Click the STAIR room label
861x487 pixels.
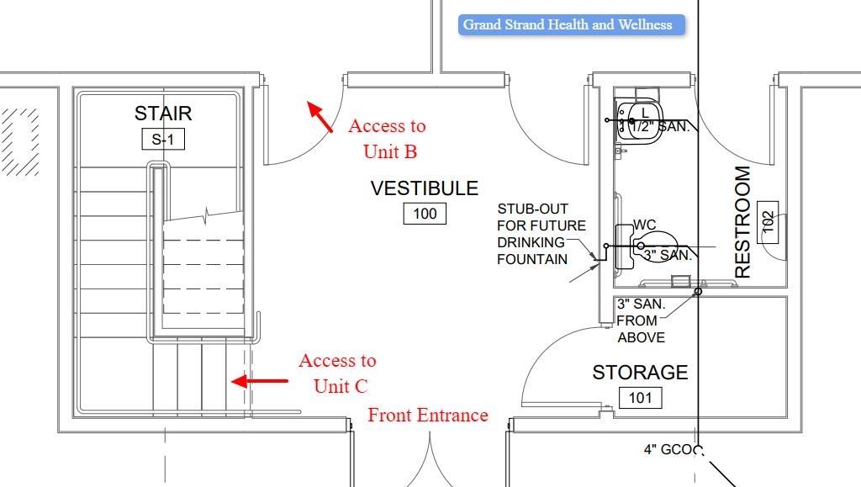click(x=163, y=114)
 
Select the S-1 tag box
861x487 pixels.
click(x=163, y=140)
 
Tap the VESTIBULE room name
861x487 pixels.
click(x=425, y=188)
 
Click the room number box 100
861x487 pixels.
click(x=425, y=214)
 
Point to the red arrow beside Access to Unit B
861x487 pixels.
click(x=320, y=116)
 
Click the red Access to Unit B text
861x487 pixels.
click(x=388, y=139)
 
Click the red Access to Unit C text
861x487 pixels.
click(x=338, y=373)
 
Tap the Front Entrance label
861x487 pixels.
click(x=428, y=416)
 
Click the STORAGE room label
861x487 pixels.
click(x=640, y=373)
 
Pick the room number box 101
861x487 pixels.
click(x=640, y=397)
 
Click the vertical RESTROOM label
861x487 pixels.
click(x=743, y=222)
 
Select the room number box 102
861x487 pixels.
click(x=768, y=222)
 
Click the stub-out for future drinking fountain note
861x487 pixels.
click(x=541, y=234)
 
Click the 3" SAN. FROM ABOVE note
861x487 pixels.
click(x=642, y=320)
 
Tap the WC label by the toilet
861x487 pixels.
click(x=645, y=225)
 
